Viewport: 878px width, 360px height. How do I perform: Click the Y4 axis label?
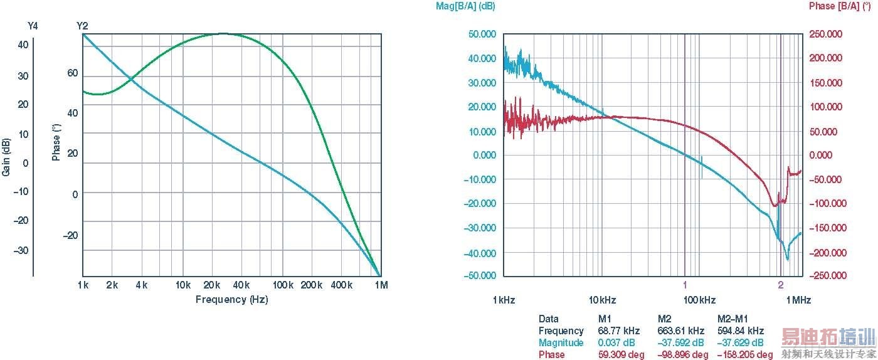coord(33,26)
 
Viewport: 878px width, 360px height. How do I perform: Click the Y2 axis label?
coord(82,26)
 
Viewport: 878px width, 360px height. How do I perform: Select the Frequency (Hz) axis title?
coord(231,299)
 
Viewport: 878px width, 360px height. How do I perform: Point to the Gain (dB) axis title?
coord(6,156)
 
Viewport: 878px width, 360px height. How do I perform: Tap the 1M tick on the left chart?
coord(381,285)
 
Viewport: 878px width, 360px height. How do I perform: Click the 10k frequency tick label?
coord(183,285)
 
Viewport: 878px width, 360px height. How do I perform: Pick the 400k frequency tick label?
coord(342,285)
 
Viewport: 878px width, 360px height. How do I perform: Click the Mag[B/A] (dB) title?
coord(465,6)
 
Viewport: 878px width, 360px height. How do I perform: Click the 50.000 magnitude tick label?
coord(482,34)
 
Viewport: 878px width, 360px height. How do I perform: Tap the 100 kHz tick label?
coord(699,300)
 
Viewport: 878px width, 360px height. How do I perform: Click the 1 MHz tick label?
coord(798,300)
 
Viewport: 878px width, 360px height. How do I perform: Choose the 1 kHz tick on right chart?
coord(504,300)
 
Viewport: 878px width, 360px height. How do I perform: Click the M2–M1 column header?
coord(733,319)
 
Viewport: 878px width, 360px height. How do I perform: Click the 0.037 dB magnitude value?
coord(616,342)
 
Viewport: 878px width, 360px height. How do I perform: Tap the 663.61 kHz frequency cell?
coord(680,331)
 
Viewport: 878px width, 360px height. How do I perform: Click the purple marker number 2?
coord(781,285)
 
